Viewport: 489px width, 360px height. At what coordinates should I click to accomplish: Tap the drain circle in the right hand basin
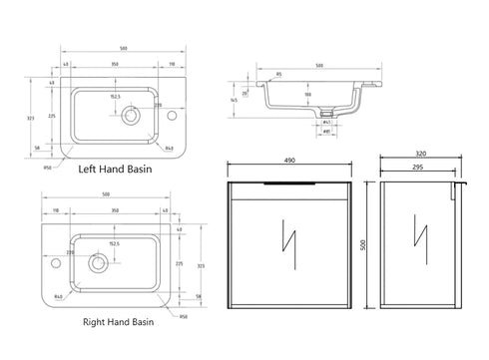[x=98, y=263]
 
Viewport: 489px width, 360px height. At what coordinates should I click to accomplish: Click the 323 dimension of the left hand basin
[x=33, y=118]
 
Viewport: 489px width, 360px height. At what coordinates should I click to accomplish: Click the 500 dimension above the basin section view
[x=319, y=67]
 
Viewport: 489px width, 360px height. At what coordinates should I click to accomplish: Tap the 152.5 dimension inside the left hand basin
[x=116, y=97]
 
